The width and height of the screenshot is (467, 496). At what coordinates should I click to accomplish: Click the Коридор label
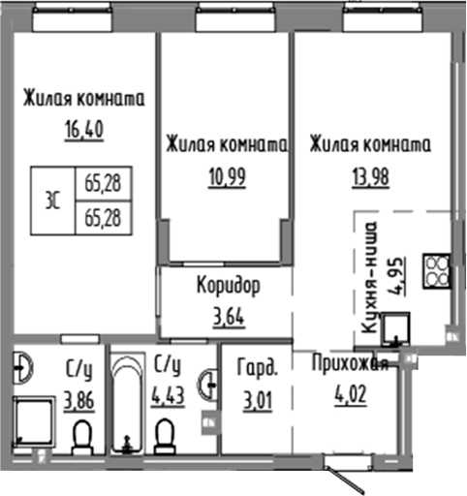pos(228,288)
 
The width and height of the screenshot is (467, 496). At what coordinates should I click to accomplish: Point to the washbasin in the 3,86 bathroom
pos(23,367)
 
